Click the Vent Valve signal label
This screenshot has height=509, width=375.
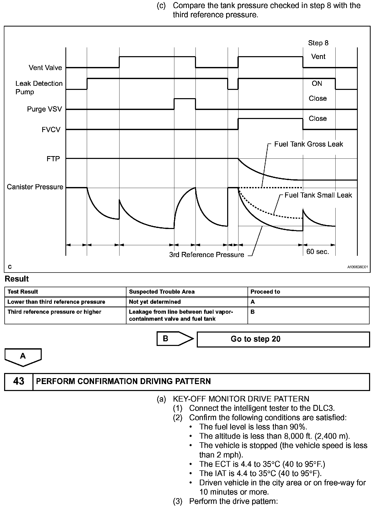[45, 68]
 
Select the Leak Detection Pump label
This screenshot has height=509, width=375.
[39, 88]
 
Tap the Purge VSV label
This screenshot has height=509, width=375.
[45, 109]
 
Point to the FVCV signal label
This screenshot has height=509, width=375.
[51, 130]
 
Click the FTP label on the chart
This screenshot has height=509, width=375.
[53, 159]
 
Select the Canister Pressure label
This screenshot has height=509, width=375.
[35, 187]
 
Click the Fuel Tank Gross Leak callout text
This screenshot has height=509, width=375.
[309, 144]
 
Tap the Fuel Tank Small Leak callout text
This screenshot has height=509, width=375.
[318, 195]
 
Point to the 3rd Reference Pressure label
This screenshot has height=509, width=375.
[207, 255]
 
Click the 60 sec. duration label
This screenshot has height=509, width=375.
[318, 251]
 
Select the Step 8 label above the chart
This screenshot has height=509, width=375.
[318, 43]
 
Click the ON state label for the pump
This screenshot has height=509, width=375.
[317, 83]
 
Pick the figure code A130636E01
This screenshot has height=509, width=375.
[357, 267]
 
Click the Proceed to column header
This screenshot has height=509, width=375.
[265, 292]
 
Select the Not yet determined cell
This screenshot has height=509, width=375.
[155, 302]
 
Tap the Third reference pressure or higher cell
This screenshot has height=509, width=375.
[54, 312]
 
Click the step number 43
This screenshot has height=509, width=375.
[19, 381]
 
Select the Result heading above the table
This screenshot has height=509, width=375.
[17, 279]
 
